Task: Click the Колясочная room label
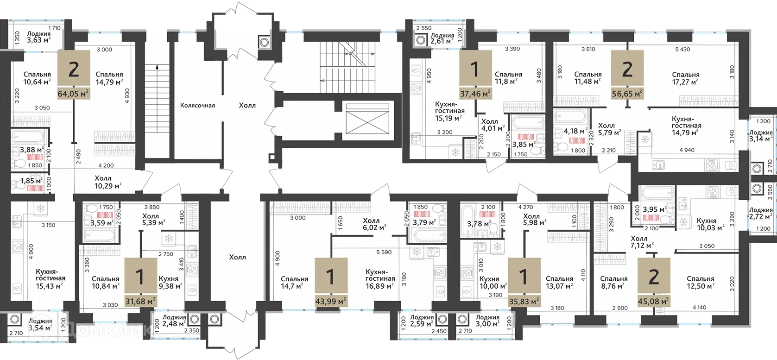pyautogui.click(x=197, y=106)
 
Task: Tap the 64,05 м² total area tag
pyautogui.click(x=74, y=93)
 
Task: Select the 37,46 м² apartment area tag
pyautogui.click(x=475, y=93)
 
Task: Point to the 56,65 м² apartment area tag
pyautogui.click(x=627, y=94)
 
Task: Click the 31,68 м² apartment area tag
pyautogui.click(x=140, y=301)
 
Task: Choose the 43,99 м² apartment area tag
pyautogui.click(x=331, y=301)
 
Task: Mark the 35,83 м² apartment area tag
pyautogui.click(x=524, y=301)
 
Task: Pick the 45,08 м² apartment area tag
pyautogui.click(x=654, y=301)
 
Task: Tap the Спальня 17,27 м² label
pyautogui.click(x=685, y=78)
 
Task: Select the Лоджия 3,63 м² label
pyautogui.click(x=39, y=37)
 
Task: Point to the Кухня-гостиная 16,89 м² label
pyautogui.click(x=380, y=279)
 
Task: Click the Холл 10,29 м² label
pyautogui.click(x=108, y=182)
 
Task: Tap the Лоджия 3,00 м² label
pyautogui.click(x=487, y=321)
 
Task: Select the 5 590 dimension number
pyautogui.click(x=384, y=253)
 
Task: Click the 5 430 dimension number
pyautogui.click(x=682, y=50)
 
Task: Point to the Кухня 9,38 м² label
pyautogui.click(x=171, y=283)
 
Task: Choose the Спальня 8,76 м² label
pyautogui.click(x=613, y=283)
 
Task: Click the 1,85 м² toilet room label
pyautogui.click(x=32, y=181)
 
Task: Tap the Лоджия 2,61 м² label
pyautogui.click(x=442, y=38)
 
